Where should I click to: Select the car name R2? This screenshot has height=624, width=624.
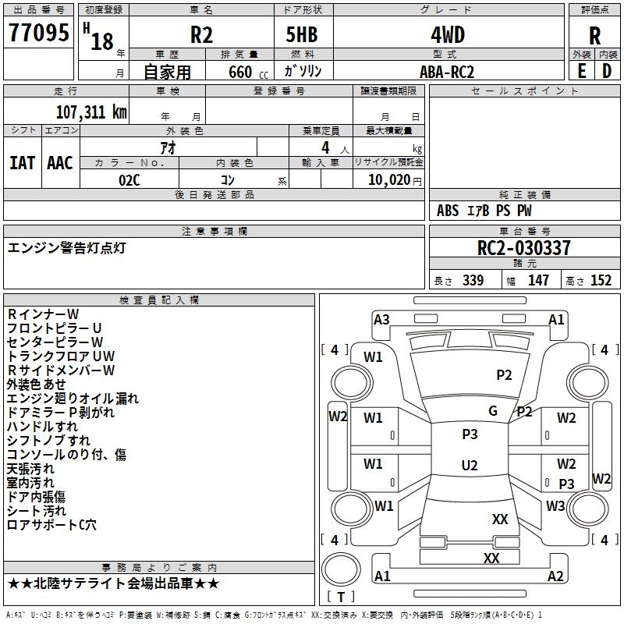pos(202,36)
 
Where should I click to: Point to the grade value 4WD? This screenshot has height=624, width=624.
pos(447,35)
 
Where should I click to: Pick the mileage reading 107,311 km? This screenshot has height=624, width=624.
pos(91,112)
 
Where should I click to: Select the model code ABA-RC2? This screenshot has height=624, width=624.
pos(446,72)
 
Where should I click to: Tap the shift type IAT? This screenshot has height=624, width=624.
pos(22,163)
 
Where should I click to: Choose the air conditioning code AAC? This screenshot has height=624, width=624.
pos(59,163)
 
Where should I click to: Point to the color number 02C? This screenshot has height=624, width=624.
pos(129,179)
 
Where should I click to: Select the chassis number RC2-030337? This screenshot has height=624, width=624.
pos(524,248)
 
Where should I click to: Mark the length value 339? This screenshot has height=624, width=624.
pos(473,281)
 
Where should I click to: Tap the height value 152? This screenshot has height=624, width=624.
pos(601,281)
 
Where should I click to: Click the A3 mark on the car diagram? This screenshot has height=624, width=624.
pos(381,319)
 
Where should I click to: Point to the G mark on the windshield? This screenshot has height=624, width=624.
pos(493,411)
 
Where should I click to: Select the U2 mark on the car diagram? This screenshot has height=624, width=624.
pos(470,466)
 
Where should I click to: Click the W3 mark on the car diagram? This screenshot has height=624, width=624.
pos(555,506)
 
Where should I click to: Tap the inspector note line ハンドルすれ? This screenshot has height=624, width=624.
pos(43,427)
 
